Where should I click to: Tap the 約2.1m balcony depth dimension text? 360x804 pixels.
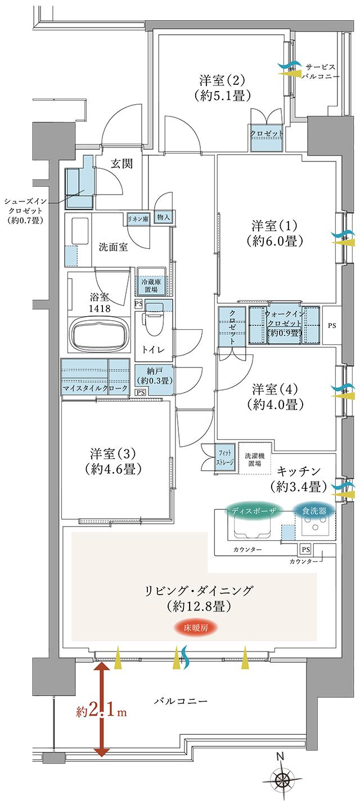tap(102, 712)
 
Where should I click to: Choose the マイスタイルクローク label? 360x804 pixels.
tap(96, 389)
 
